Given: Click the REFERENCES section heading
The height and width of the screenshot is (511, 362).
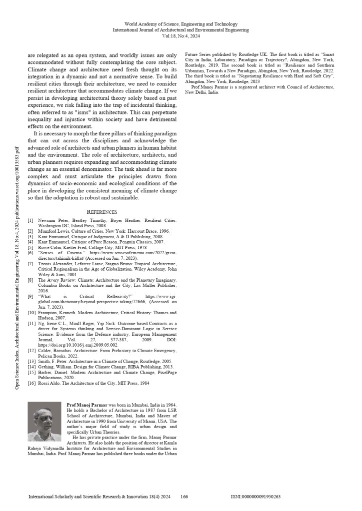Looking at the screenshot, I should tap(102, 212).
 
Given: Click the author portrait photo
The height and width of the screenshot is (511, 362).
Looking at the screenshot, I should tap(44, 422).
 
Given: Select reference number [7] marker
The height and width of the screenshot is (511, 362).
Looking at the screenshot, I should tap(30, 263).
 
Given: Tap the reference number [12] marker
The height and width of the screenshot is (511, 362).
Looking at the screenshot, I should tap(31, 350).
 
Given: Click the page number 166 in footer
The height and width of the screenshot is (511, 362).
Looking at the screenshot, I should tap(184, 497).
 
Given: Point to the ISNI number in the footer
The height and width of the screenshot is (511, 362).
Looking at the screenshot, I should tap(255, 497).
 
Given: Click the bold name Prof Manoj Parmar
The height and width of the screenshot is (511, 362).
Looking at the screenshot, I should tap(86, 404).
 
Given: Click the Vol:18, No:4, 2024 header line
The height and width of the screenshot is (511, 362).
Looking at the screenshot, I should tap(180, 36).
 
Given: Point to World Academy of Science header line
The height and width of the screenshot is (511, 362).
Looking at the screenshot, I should tap(180, 24).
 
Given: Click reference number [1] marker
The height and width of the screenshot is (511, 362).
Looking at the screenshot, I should tap(30, 220).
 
